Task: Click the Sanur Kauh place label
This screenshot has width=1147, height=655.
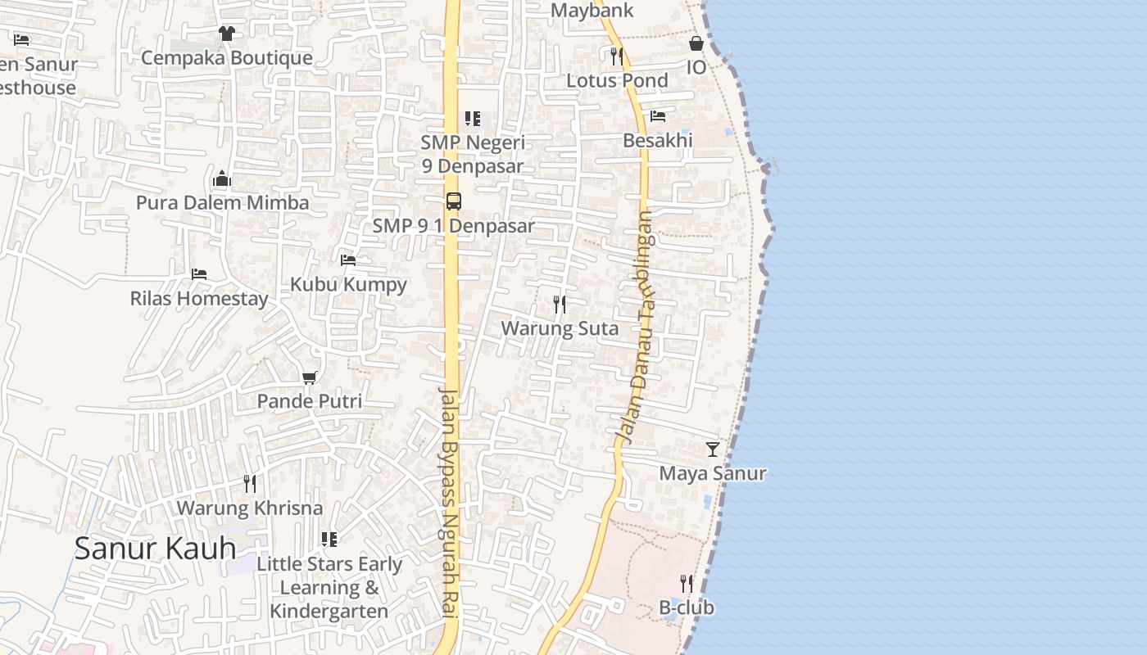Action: click(155, 548)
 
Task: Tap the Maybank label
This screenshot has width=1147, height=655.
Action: click(592, 11)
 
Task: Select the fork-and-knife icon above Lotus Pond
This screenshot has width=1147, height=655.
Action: click(616, 56)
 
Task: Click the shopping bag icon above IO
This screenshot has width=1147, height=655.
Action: click(696, 43)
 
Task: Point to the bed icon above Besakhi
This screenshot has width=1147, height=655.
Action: click(657, 116)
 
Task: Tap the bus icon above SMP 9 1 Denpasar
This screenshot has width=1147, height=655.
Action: click(453, 201)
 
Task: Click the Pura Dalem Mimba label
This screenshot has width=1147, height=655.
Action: click(222, 203)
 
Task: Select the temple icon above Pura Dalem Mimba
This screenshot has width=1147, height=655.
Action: click(221, 179)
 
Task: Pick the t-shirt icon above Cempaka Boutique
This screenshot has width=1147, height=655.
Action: click(226, 34)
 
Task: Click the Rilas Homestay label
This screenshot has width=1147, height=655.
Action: click(199, 298)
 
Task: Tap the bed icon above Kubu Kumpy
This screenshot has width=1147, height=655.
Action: click(348, 260)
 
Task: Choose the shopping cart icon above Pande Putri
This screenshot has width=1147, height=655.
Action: click(309, 377)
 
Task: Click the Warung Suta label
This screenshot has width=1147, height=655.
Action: click(560, 328)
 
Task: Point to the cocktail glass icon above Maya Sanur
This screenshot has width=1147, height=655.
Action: click(713, 449)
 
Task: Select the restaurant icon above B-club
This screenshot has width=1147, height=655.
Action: click(687, 584)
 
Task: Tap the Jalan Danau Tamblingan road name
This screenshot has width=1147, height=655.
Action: click(637, 327)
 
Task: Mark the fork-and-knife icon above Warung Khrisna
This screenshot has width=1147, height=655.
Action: click(250, 484)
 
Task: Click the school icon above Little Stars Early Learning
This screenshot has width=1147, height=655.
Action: click(329, 540)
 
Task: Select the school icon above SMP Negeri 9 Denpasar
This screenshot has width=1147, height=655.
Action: click(472, 119)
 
